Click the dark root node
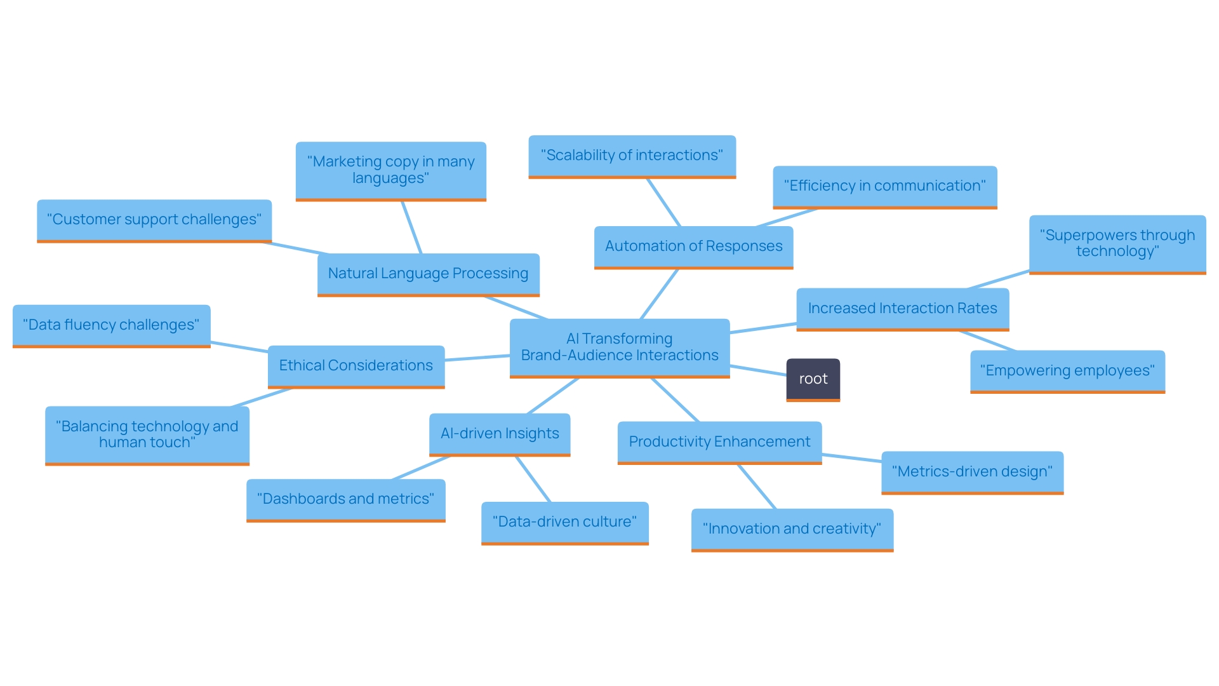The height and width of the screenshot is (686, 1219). [813, 379]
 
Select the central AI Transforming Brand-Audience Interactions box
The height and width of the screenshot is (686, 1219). [620, 347]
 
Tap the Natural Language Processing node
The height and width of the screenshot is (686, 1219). [428, 274]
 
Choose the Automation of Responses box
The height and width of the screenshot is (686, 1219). [693, 246]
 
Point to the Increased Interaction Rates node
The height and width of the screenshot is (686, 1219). [902, 309]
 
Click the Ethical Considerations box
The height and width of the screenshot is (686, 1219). [356, 366]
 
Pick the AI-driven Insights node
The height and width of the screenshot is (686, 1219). [500, 434]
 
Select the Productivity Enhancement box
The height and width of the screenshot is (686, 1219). [719, 442]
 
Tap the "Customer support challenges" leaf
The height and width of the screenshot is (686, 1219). [154, 220]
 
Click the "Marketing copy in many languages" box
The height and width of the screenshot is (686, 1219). [390, 170]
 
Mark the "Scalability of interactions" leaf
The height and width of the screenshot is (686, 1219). [632, 156]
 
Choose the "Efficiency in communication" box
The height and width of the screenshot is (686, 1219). [884, 186]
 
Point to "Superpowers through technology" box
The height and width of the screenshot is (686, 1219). [1117, 243]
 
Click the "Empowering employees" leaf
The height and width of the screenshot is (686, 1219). [1067, 371]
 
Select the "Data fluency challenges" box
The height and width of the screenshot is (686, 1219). [111, 325]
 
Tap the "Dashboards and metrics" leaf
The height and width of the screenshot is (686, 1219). [345, 499]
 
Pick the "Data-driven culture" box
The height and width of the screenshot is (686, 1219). [564, 522]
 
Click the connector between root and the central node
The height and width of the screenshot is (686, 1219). [758, 370]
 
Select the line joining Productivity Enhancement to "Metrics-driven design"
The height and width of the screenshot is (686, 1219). [851, 457]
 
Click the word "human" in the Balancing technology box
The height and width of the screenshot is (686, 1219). [122, 443]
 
